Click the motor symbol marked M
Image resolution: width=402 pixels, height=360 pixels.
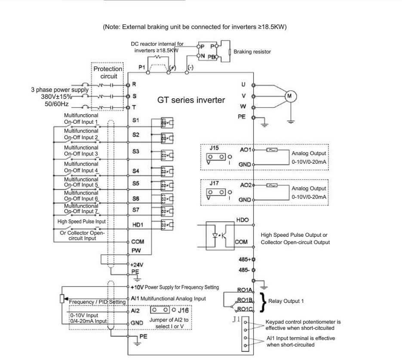click(x=291, y=96)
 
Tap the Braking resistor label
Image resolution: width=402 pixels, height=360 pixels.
click(x=252, y=52)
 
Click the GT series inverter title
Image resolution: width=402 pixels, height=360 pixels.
click(x=191, y=100)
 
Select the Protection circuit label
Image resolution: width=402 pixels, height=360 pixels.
click(x=108, y=73)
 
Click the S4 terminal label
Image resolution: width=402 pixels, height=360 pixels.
click(x=135, y=171)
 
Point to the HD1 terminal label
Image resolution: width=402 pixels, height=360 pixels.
click(x=138, y=225)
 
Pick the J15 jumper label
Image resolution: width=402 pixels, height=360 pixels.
click(x=214, y=148)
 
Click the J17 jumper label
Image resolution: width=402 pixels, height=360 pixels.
click(x=214, y=183)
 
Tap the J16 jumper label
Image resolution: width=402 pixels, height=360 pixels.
click(x=183, y=311)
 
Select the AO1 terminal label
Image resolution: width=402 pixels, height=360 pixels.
click(x=245, y=149)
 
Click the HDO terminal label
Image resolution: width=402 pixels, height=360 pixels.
click(x=242, y=220)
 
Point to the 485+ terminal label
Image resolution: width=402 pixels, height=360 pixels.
click(x=245, y=259)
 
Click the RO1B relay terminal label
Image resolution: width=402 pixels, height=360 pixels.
click(x=245, y=300)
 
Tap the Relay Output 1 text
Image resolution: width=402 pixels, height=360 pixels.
click(x=286, y=301)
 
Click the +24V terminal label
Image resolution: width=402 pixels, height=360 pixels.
click(x=137, y=265)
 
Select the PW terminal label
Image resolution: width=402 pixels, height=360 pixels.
click(x=136, y=250)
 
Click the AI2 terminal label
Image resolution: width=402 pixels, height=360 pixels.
click(x=135, y=311)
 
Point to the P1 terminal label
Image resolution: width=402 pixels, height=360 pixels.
click(x=142, y=67)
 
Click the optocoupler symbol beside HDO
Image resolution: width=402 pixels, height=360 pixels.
click(x=220, y=236)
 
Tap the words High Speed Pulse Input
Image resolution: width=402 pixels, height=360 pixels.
click(x=82, y=222)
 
